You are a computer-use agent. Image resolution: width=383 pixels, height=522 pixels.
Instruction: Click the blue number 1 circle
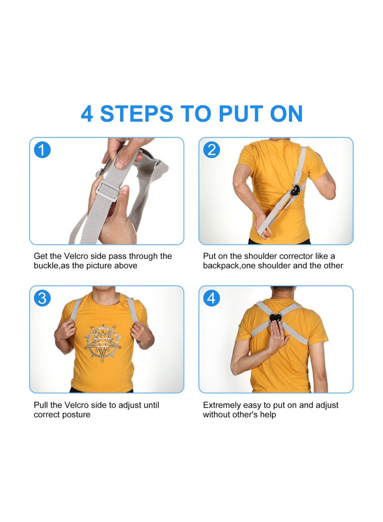coord(42,150)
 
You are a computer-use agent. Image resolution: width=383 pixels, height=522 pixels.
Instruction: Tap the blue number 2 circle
coord(212,150)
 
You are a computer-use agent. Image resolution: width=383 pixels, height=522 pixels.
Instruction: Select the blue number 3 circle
coord(42,299)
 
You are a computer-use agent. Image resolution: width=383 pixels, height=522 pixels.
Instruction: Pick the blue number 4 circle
coord(212,299)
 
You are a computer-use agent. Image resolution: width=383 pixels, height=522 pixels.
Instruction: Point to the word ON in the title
coord(286,114)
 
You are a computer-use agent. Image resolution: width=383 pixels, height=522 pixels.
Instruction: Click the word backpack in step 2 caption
coord(221,266)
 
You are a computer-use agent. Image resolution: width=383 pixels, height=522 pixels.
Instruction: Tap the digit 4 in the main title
coord(87,114)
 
